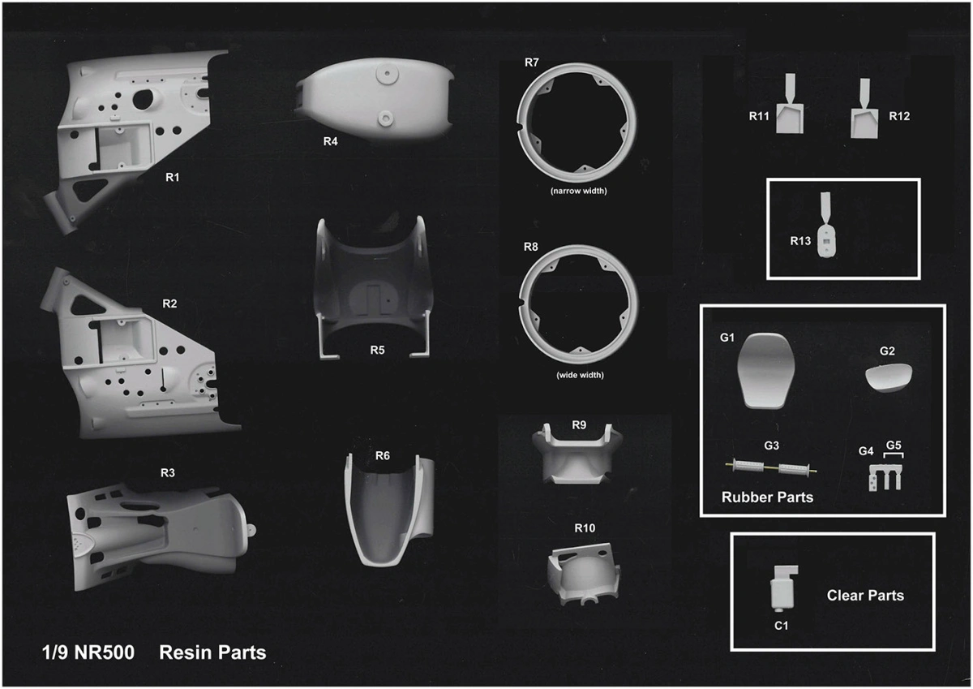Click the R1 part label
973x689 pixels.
coord(173,178)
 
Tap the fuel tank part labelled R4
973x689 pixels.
coord(375,100)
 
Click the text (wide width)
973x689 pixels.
coord(580,375)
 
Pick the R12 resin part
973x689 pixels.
coord(864,108)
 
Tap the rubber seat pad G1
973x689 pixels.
coord(766,371)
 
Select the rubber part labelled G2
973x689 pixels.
coord(889,377)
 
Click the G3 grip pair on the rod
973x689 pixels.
coord(771,468)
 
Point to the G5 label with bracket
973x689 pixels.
coord(894,449)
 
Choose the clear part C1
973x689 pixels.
coord(784,588)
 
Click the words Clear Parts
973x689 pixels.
coord(865,596)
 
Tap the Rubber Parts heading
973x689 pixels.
coord(767,497)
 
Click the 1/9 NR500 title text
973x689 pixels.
coord(88,652)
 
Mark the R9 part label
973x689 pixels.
coord(579,425)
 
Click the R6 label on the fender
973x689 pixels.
coord(382,455)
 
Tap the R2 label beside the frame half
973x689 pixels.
coord(169,304)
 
